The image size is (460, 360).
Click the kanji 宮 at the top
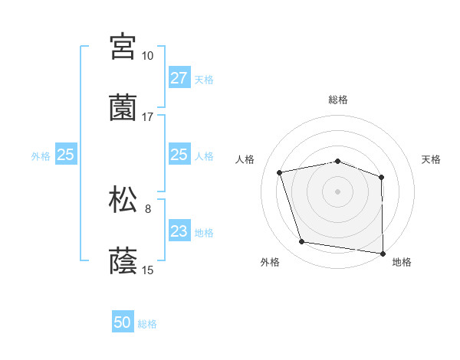[x=123, y=46]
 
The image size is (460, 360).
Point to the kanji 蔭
[x=123, y=260]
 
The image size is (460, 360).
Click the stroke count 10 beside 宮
[x=147, y=56]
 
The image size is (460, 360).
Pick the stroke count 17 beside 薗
[x=147, y=117]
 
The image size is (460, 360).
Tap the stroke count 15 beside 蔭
[x=147, y=270]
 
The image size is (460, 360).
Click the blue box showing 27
[x=179, y=78]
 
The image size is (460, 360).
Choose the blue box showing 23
[x=179, y=231]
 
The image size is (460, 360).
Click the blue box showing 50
[x=123, y=322]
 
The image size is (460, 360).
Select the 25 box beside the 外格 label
[x=65, y=155]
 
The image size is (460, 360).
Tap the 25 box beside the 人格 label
[x=179, y=155]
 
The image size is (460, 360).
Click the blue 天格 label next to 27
[x=204, y=80]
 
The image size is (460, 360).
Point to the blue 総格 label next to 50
[x=147, y=324]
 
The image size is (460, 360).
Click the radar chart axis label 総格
[x=338, y=100]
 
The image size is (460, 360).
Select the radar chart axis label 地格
[x=402, y=262]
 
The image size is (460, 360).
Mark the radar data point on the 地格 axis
[x=383, y=253]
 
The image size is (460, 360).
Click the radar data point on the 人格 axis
[x=280, y=172]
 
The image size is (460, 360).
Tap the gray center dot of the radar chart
[x=338, y=191]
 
